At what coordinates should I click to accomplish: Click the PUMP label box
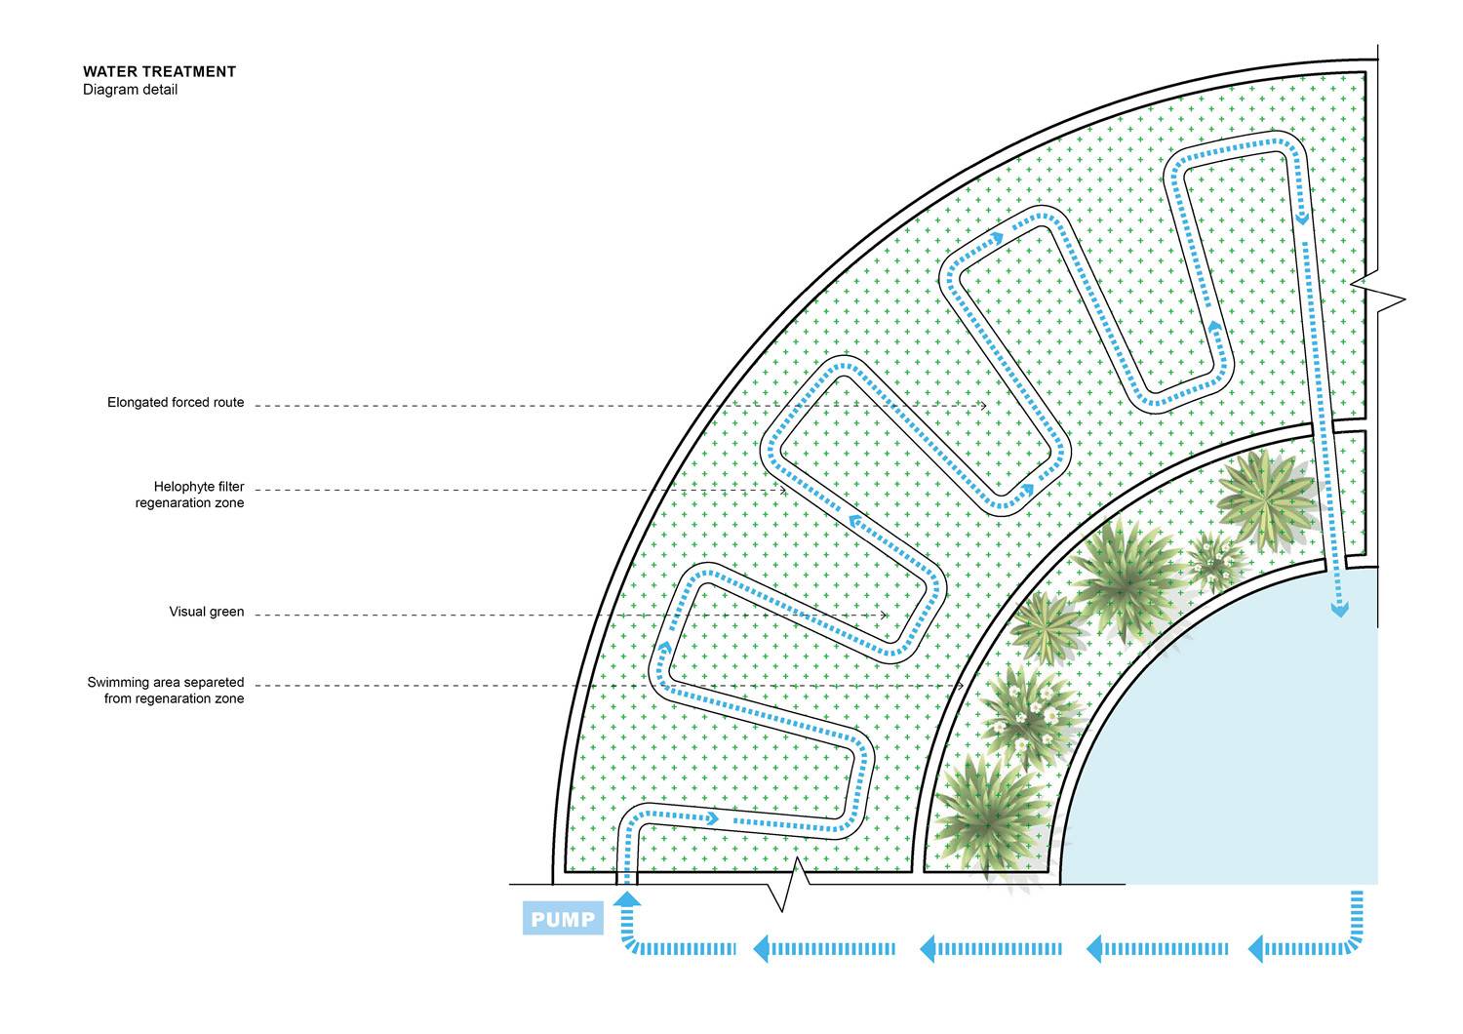tap(563, 918)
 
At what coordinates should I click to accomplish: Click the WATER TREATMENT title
tap(159, 72)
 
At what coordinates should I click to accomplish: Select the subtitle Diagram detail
tap(130, 90)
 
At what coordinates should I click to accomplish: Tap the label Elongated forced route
tap(176, 402)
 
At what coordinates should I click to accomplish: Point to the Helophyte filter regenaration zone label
tap(189, 495)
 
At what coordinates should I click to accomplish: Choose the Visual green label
tap(207, 612)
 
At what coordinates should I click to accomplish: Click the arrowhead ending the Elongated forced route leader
tap(983, 406)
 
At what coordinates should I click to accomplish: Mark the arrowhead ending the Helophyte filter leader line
tap(782, 490)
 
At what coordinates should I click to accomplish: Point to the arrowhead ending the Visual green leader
tap(884, 615)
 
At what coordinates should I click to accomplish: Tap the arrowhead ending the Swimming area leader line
tap(960, 685)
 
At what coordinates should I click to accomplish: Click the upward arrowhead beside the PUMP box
tap(628, 898)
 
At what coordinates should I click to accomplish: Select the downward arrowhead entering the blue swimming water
tap(1339, 610)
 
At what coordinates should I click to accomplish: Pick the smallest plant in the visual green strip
tap(1214, 562)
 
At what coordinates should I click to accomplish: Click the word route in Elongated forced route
tap(227, 403)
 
